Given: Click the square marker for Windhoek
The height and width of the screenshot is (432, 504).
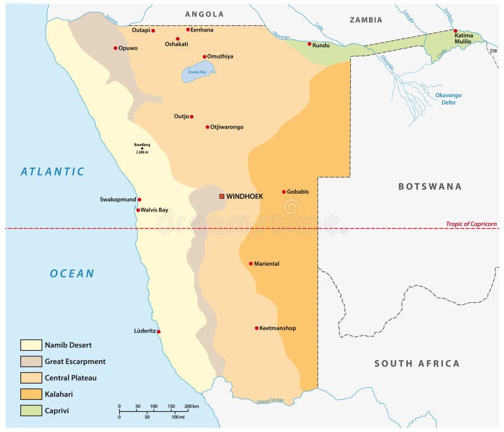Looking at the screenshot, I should [221, 196].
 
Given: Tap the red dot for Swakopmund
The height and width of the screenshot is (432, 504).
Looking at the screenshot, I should [139, 200].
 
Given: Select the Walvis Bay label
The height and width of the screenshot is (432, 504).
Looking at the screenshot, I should [154, 210].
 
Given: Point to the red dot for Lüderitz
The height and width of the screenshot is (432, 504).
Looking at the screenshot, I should [159, 331].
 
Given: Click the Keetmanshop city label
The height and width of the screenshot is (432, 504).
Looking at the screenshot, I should [278, 328].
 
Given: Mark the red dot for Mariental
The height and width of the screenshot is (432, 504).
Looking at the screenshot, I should [251, 264].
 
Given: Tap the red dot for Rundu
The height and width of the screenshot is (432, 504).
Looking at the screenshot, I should [309, 44].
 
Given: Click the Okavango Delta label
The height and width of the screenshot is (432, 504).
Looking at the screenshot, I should [449, 98].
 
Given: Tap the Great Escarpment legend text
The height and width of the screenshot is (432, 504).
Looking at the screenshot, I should [75, 361].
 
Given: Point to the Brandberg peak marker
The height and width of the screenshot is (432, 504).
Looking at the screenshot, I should [142, 149].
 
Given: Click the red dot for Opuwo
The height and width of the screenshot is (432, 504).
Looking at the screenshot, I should [115, 48].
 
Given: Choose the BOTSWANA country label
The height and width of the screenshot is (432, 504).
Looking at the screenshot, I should [430, 186].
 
